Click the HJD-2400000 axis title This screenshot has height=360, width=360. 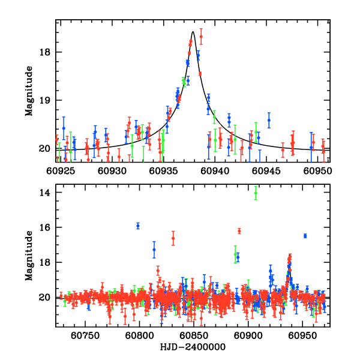click(193, 347)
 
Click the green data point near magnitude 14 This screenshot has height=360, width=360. click(256, 193)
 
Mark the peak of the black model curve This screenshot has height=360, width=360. click(193, 32)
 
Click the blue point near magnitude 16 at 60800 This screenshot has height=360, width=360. click(138, 226)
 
